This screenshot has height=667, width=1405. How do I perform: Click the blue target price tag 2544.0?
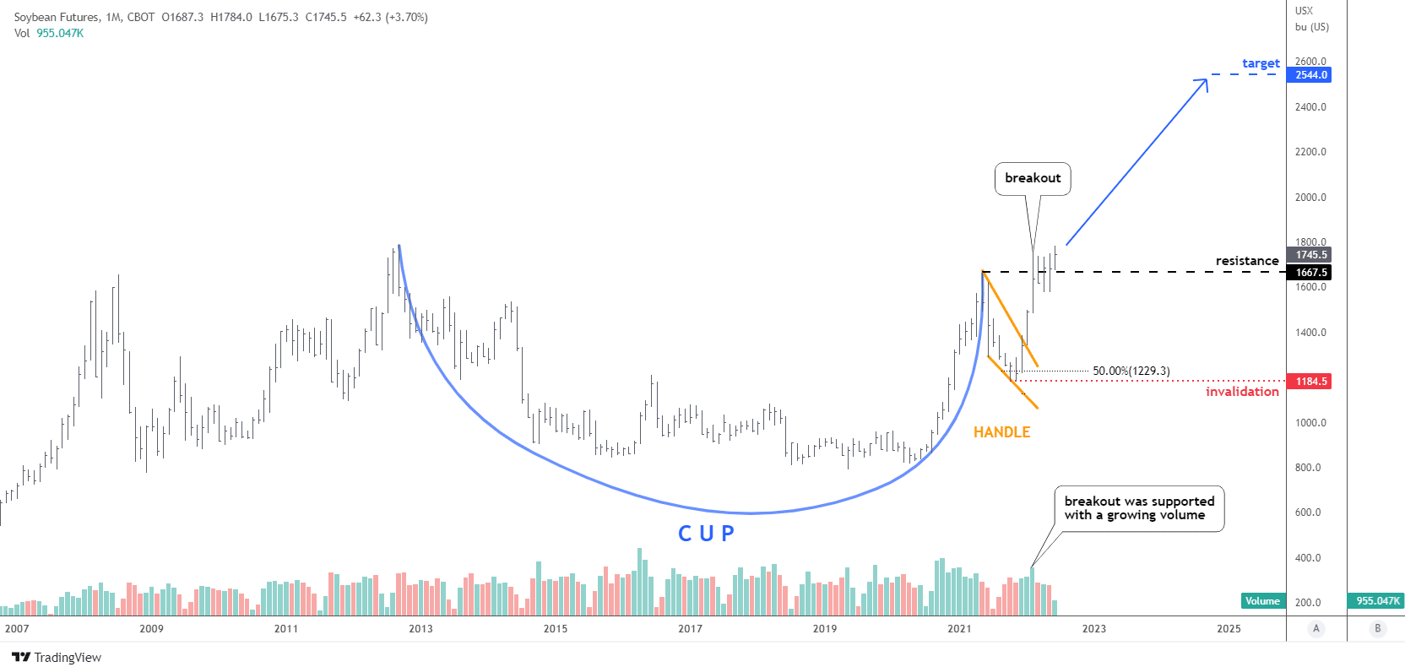[1311, 75]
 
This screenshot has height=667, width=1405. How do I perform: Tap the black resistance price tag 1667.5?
[1311, 273]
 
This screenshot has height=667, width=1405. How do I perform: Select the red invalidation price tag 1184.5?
[1311, 382]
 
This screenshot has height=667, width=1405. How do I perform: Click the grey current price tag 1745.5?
[1311, 255]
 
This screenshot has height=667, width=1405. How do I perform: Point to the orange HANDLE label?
[1001, 432]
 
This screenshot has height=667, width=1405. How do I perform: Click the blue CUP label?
[706, 534]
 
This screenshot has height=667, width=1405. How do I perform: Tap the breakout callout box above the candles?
[1033, 178]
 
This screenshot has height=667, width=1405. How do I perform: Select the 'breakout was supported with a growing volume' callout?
[1139, 508]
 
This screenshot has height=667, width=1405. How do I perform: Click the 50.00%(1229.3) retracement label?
[1131, 371]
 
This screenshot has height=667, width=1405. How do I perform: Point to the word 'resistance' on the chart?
[1246, 261]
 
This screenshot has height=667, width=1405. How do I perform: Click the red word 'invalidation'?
[1242, 392]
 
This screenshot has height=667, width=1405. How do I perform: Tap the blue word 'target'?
[1261, 63]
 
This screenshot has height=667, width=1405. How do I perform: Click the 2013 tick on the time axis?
[420, 628]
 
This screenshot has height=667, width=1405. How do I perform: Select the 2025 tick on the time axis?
[1229, 628]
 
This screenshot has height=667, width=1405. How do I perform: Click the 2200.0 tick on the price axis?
[1310, 152]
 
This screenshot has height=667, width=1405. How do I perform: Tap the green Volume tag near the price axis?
[1262, 601]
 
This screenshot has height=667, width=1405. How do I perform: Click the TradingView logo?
[57, 658]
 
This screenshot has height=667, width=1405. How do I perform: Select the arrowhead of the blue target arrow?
[1205, 80]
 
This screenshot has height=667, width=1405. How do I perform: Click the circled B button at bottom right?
[1377, 628]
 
